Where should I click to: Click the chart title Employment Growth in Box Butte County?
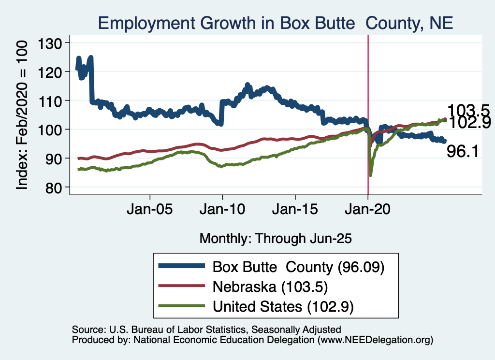[275, 23]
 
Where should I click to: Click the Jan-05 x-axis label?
[150, 210]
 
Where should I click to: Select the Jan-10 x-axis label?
[222, 210]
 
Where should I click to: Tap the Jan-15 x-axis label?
[295, 210]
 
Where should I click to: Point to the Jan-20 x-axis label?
[367, 210]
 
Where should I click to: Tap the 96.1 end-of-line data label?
[463, 152]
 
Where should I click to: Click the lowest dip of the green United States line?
[371, 175]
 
